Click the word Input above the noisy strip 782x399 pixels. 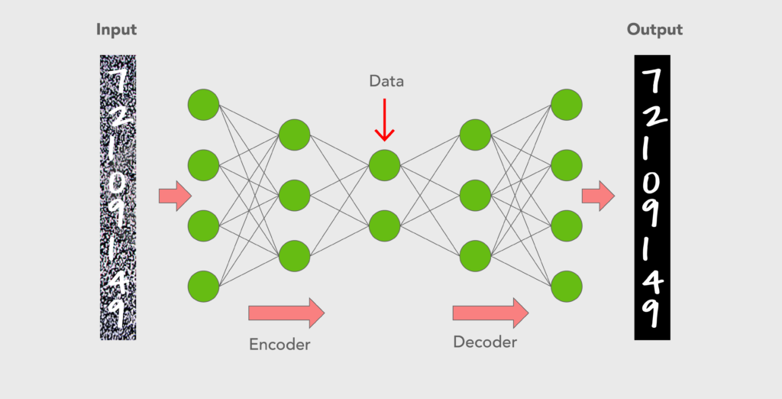[116, 31]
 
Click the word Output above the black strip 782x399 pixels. [654, 31]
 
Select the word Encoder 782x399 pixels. [280, 344]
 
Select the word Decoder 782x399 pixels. [485, 342]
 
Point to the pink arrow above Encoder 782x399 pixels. [286, 312]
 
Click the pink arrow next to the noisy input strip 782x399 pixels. [175, 196]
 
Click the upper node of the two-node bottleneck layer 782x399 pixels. [384, 164]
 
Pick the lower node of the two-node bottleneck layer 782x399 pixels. [384, 226]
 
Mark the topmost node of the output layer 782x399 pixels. [567, 104]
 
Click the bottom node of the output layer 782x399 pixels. [567, 286]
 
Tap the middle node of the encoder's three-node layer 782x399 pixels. [294, 196]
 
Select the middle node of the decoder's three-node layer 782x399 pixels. [474, 196]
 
